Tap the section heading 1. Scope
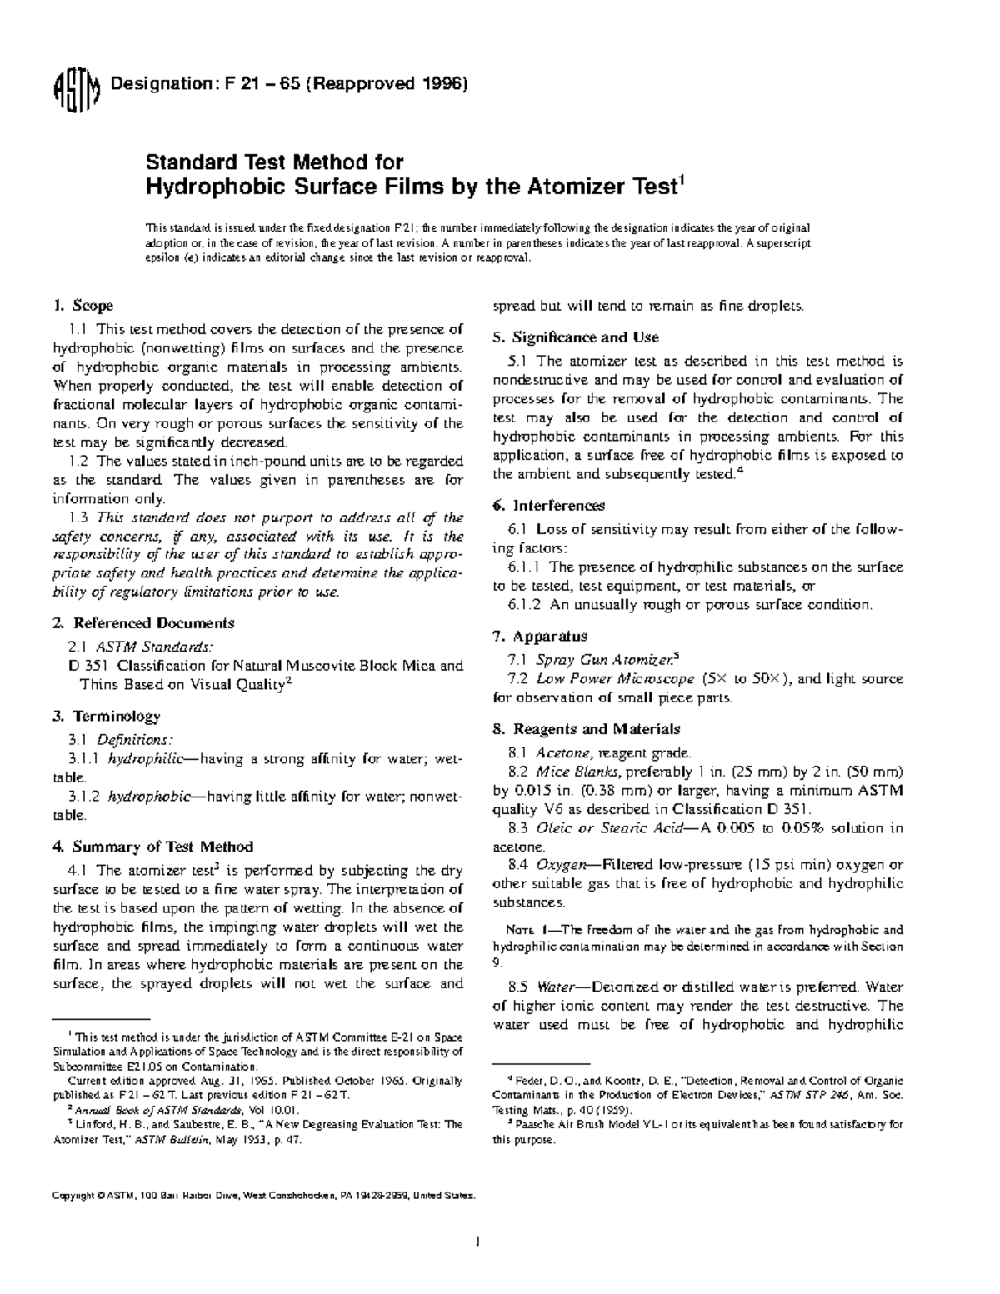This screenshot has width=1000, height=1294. pos(83,306)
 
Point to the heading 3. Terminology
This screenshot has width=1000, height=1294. pos(107,717)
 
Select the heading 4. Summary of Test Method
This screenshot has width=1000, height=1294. pos(152,847)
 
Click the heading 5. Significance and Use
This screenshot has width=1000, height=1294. pos(576,337)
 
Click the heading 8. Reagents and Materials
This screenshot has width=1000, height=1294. pos(587,729)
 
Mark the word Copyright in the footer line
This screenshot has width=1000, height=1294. pos(73,1196)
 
